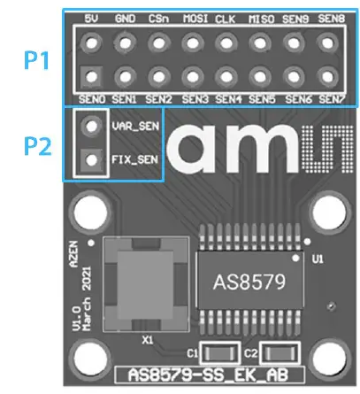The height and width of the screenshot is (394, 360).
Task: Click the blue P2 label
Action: click(x=35, y=144)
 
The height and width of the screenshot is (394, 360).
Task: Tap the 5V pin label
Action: click(x=90, y=19)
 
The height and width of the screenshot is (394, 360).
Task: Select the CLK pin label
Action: click(x=226, y=19)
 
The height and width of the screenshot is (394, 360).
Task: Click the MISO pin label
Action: click(x=260, y=19)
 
